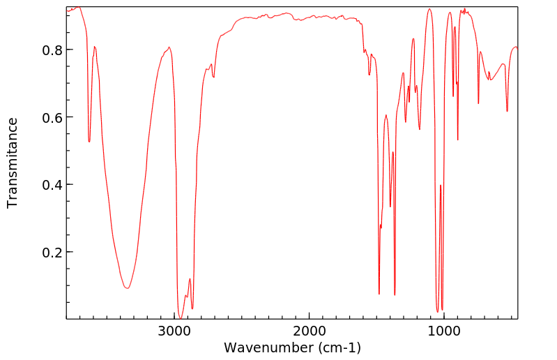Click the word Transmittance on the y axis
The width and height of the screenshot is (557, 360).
tap(13, 163)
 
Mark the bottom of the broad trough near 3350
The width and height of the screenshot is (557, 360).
tap(127, 287)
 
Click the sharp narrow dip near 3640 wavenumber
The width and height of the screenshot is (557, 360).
tap(89, 142)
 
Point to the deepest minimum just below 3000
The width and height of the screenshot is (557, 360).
tap(180, 317)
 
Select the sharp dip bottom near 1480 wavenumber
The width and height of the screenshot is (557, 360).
tap(379, 294)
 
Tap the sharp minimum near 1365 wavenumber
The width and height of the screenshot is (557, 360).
tap(395, 294)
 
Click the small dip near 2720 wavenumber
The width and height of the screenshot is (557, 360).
tap(213, 77)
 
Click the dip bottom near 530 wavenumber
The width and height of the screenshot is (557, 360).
tap(507, 111)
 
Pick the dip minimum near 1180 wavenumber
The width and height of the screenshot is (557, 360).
tap(420, 129)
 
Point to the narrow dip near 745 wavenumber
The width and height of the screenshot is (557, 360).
tap(478, 103)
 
